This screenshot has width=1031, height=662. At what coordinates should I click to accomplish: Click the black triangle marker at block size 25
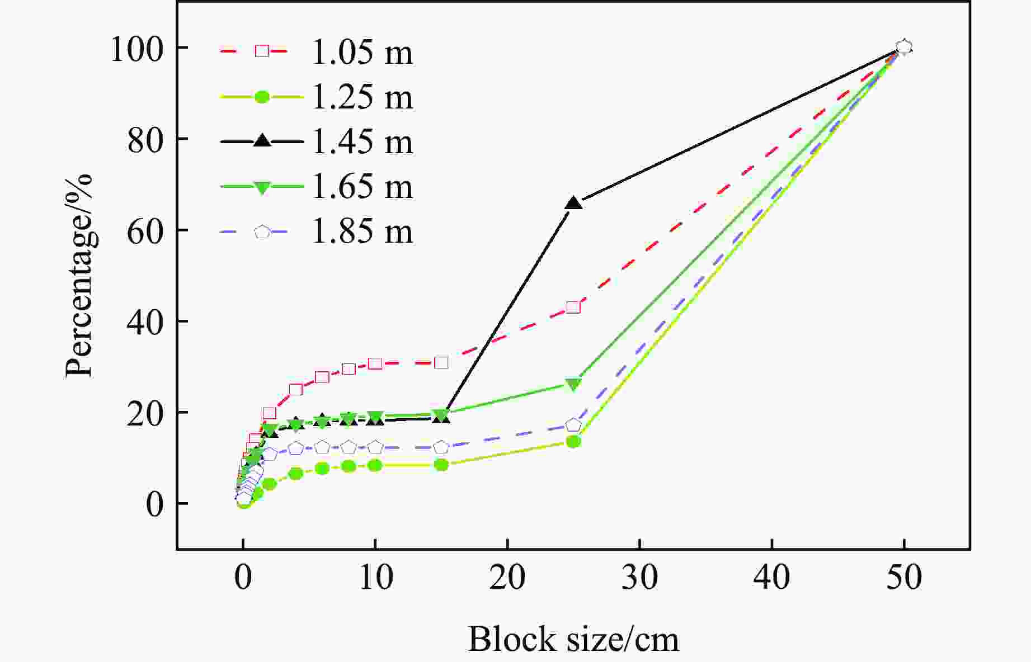coord(574,204)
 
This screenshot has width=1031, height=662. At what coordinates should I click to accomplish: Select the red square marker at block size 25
coord(573,308)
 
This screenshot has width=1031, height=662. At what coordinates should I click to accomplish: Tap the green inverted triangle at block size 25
coord(573,384)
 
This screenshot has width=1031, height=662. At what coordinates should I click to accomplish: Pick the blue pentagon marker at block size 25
coord(573,425)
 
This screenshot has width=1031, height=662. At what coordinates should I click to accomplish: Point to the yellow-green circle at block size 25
coord(573,442)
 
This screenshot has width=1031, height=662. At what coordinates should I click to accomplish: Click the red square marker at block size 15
coord(441,362)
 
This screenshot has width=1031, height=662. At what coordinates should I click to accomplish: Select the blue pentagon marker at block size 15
coord(441,447)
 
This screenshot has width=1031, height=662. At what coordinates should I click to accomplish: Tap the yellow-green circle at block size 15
coord(441,465)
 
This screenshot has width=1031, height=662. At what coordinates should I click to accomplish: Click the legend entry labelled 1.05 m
coord(361,53)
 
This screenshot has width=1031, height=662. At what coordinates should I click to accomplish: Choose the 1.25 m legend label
coord(361,98)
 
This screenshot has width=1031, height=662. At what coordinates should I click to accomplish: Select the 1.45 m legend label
coord(361,142)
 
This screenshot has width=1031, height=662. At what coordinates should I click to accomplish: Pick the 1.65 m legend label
coord(361,187)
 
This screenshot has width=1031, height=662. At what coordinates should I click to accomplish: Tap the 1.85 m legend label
coord(361,231)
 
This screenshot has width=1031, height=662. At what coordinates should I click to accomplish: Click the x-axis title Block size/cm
coord(573,640)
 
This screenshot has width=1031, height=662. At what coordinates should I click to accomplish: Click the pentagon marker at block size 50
coord(904,47)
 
